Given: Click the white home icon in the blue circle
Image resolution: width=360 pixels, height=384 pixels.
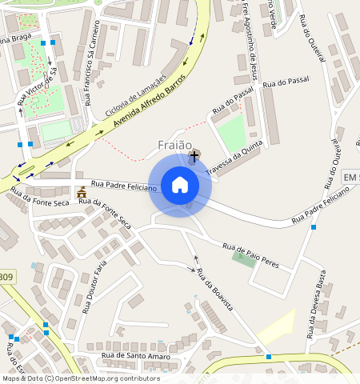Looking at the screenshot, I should pos(180,185).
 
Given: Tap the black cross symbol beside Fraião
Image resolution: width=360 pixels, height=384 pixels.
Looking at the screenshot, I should pos(194,156).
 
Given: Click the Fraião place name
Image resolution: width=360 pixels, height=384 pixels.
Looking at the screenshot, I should pos(175,145).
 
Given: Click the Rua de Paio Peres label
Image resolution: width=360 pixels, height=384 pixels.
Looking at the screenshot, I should pos(250,255).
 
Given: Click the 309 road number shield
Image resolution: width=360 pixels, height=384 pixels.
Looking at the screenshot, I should pos(6,278).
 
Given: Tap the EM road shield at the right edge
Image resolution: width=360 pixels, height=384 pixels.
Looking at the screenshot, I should pos(350,176).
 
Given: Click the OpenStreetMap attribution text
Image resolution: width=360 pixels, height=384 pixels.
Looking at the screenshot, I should pos(80,378).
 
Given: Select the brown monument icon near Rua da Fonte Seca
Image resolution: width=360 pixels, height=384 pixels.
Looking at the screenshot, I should pos(81,193).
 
